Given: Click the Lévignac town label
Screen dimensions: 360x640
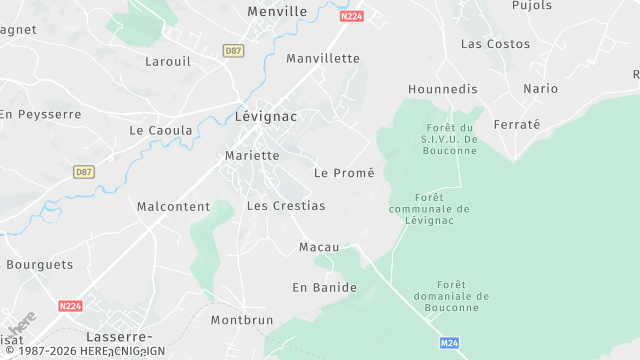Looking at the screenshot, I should (x=267, y=116).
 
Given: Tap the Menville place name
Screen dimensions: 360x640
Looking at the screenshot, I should (x=277, y=12).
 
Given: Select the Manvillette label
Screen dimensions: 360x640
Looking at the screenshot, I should (x=322, y=58).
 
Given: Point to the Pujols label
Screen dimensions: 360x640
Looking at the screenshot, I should (x=531, y=5).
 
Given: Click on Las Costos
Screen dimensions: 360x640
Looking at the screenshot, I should (x=495, y=44).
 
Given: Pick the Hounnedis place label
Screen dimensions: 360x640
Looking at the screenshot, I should (x=443, y=89).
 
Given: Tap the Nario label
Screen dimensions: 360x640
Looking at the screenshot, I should (x=541, y=89).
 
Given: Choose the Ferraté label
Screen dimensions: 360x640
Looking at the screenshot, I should (x=543, y=125).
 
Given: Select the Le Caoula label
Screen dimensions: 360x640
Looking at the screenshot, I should (x=160, y=131).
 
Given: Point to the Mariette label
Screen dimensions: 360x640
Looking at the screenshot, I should (x=252, y=156).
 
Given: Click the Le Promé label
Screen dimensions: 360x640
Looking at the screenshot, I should (x=344, y=173).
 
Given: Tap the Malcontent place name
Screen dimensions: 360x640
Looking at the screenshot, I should (x=173, y=207).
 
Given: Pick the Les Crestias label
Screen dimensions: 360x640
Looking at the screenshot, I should (x=285, y=206).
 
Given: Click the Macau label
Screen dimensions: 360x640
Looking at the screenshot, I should (x=319, y=247).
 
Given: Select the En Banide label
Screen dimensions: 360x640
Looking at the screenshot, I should (x=324, y=288).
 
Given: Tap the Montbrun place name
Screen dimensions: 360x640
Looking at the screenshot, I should (x=242, y=321).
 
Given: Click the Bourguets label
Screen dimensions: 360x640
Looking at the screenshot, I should (x=40, y=265).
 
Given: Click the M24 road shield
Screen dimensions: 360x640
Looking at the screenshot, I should (x=450, y=343).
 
